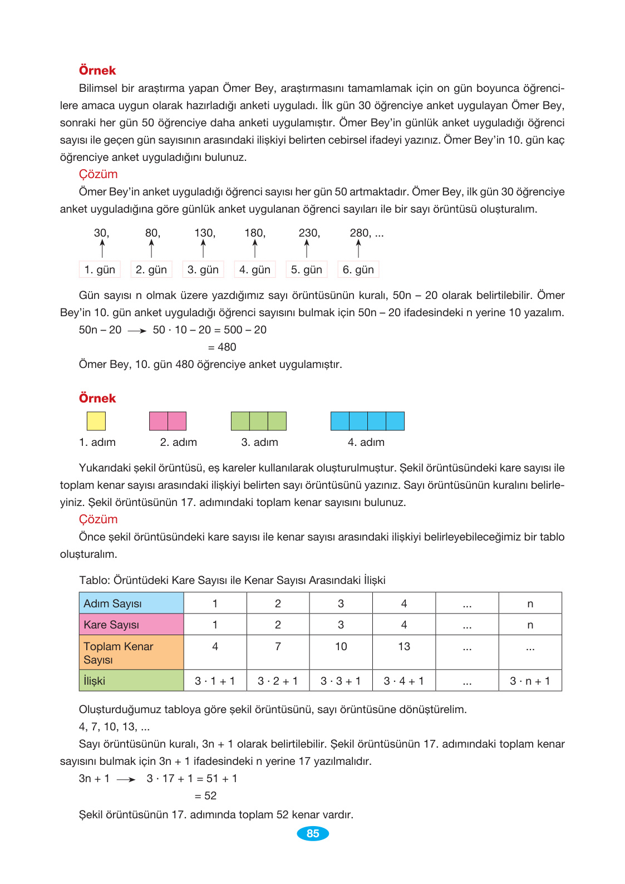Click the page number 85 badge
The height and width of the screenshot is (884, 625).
(x=312, y=833)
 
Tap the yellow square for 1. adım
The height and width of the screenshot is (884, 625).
(x=96, y=421)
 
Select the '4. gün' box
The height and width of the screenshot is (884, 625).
(x=255, y=269)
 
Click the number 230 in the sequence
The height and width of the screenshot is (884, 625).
(x=309, y=233)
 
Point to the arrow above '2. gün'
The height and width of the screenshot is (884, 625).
(x=151, y=248)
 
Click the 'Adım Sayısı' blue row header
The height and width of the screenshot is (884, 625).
(x=131, y=603)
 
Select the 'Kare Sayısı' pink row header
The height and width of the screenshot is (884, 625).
(x=131, y=625)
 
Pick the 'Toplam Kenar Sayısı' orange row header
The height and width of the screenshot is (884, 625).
(x=131, y=652)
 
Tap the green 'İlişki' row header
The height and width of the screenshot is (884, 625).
(x=131, y=680)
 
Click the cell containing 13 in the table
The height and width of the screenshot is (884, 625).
(x=404, y=646)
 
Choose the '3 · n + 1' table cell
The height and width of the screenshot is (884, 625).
(x=530, y=681)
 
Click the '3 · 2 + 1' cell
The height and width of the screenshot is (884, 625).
(x=278, y=681)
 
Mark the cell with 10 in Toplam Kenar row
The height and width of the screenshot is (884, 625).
(x=341, y=646)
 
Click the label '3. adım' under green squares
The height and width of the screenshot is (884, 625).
(x=259, y=442)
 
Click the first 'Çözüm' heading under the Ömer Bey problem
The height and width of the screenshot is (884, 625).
(x=98, y=174)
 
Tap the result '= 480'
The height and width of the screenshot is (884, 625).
(x=222, y=347)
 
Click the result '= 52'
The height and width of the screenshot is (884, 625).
(x=205, y=795)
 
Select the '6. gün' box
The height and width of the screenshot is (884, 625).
(x=358, y=269)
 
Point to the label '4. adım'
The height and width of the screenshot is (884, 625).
(x=366, y=442)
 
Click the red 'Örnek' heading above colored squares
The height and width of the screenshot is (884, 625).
(x=97, y=398)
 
